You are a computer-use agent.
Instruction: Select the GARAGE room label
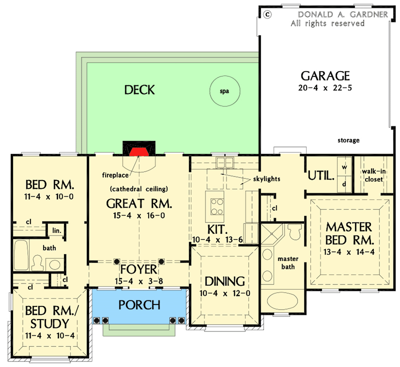[324, 76]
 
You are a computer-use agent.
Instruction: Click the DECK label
[139, 90]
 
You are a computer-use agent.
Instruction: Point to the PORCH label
[139, 304]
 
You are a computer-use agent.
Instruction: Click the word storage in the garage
[348, 140]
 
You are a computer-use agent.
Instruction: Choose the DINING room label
[223, 280]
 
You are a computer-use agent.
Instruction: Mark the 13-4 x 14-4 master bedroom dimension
[349, 251]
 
